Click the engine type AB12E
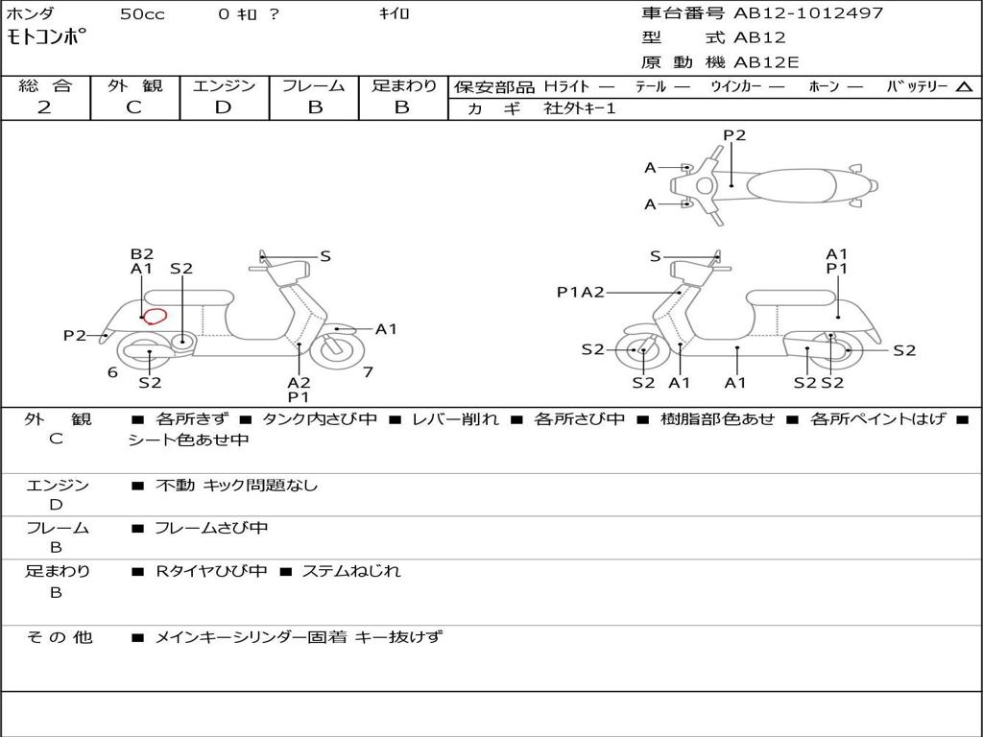pos(765,62)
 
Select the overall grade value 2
pos(44,107)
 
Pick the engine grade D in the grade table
pos(223,107)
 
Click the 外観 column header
pos(134,85)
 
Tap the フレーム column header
pos(314,85)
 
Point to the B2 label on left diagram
pos(142,254)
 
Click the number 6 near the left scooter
pos(112,372)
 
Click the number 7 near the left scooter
pos(369,372)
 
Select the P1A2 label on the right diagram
pos(581,293)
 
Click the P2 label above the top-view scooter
pos(734,135)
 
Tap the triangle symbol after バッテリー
pos(964,86)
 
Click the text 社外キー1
pos(581,108)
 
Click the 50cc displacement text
pos(142,14)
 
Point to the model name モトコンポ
pos(46,39)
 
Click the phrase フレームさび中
pos(211,528)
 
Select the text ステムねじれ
pos(351,571)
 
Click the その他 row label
pos(59,637)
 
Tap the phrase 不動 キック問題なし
pos(236,486)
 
